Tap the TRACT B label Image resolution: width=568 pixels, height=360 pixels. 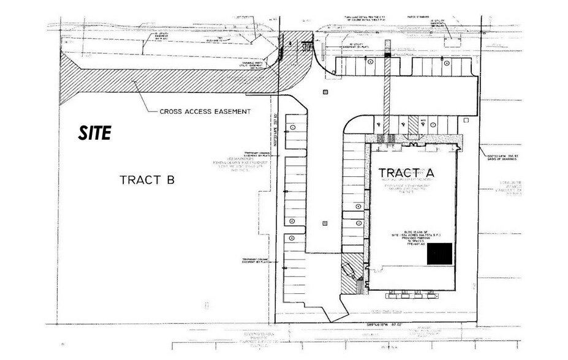point(147,179)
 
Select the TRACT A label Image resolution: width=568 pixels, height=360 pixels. point(406,172)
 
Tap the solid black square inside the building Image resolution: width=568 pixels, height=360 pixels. point(440,253)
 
